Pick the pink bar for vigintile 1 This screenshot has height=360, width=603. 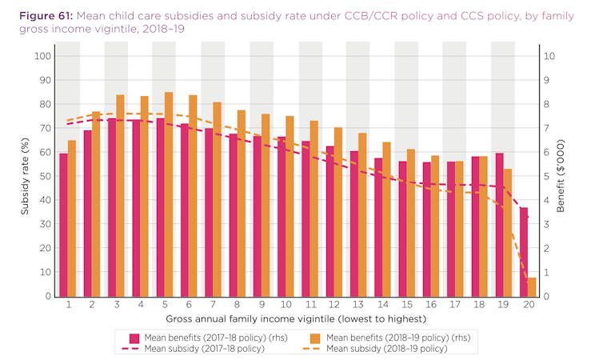click(x=63, y=225)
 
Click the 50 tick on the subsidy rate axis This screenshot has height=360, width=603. click(x=46, y=176)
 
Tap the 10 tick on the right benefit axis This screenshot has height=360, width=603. click(x=548, y=56)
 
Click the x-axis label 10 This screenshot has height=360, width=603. click(x=286, y=305)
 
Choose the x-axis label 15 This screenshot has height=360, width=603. click(x=407, y=305)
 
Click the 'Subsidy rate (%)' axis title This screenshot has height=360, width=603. click(x=26, y=176)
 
